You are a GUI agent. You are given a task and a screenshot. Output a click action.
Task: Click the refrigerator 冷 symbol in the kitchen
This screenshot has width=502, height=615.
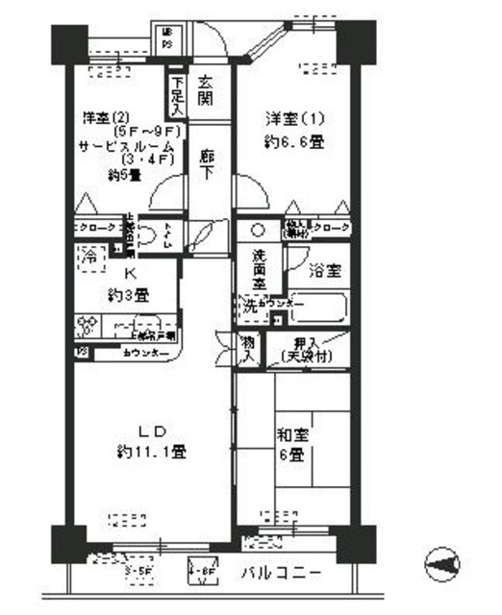point(88,257)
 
